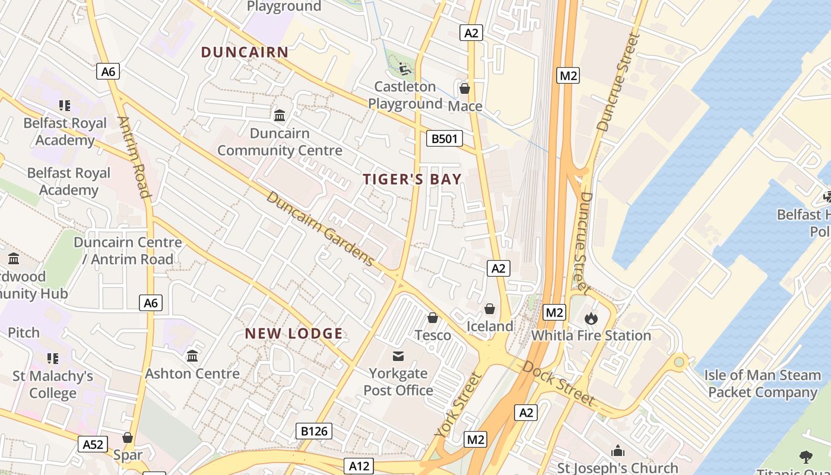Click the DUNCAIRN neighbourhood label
(245, 52)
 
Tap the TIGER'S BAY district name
(412, 179)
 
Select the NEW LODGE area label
(294, 334)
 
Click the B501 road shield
(444, 139)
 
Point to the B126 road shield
(314, 431)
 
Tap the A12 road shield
(359, 466)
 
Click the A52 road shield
(93, 444)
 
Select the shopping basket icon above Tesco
(433, 318)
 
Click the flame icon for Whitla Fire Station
(591, 318)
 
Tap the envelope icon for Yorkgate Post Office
(398, 356)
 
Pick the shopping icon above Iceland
(490, 309)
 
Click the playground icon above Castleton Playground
(405, 69)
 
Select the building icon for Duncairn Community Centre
(280, 115)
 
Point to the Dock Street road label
(558, 383)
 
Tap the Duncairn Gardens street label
(321, 229)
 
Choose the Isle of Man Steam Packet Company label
(763, 384)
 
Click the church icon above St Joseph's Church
(618, 451)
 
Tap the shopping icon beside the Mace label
(464, 88)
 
